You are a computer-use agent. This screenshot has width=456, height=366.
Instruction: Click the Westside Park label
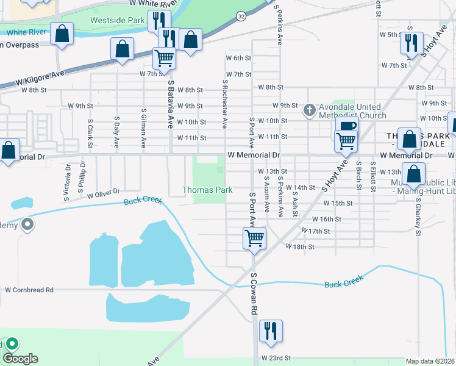coord(118,20)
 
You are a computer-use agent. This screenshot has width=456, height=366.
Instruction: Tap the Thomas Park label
coord(208,190)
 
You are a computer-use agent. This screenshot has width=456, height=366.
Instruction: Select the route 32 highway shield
coord(242,17)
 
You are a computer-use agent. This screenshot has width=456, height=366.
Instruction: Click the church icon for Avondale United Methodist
coord(310,110)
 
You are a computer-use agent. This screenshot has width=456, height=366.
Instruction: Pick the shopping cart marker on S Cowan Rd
coord(254,237)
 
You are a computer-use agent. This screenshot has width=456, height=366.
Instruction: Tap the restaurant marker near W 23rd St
coord(270,331)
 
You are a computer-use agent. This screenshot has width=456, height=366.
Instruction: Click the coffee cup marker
coord(347,127)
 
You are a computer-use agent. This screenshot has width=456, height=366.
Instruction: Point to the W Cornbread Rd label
coord(29,290)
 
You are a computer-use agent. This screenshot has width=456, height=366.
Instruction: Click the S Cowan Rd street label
coord(254,293)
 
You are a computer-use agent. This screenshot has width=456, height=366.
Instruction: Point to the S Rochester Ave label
coord(225,104)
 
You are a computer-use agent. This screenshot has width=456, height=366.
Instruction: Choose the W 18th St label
coord(300,247)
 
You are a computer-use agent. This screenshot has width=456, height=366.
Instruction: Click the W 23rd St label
coord(277,358)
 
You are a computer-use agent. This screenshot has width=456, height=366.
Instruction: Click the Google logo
coord(20,359)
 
